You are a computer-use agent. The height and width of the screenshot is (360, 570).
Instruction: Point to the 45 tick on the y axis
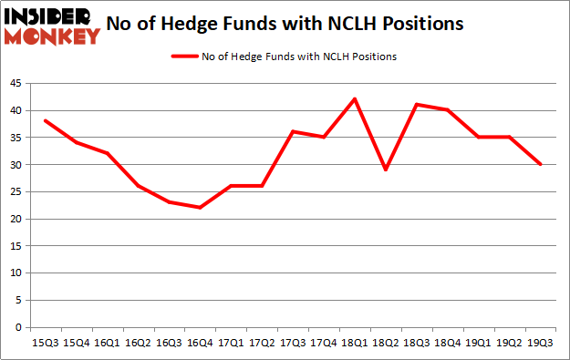pos(18,84)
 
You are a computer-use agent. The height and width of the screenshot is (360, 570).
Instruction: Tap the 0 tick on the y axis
pos(21,327)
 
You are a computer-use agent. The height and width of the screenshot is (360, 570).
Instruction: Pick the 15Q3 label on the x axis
pos(45,342)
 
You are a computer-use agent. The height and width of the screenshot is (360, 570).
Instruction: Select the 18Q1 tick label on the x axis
pos(354,342)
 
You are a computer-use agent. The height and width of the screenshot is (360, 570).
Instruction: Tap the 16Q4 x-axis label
pos(200,342)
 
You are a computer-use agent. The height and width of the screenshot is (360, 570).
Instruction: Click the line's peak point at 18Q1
pos(354,98)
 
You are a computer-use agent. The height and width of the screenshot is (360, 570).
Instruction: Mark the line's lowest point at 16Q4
pos(200,208)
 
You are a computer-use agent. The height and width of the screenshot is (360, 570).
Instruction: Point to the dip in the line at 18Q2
pos(385,170)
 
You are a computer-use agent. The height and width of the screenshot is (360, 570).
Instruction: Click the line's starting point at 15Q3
pos(45,120)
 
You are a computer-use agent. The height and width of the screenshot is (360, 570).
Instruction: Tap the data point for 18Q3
pos(416,104)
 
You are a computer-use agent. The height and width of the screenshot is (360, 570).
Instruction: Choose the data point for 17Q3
pos(293,131)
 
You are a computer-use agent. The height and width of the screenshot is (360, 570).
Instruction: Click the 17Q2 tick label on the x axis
pos(262,342)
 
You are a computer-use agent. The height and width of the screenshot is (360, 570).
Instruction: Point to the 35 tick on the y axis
pos(18,138)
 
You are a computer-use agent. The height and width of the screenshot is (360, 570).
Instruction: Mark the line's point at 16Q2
pos(138,186)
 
